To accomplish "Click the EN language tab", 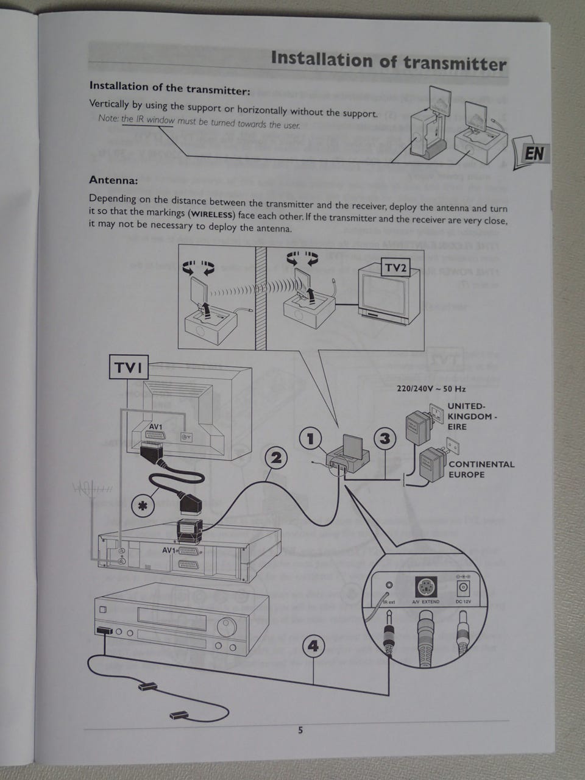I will click(534, 153).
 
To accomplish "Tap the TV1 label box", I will click(128, 367).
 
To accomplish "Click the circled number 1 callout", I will click(311, 438).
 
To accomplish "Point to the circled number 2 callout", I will click(276, 458).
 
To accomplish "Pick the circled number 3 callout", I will click(385, 438).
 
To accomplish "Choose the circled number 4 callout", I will click(313, 645).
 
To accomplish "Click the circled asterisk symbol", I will click(144, 505).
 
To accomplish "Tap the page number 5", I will click(300, 730).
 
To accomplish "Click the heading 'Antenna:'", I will click(113, 180).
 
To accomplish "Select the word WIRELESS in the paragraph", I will click(211, 214).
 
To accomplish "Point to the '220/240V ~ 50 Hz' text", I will click(431, 388).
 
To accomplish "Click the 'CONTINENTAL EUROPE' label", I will click(481, 469).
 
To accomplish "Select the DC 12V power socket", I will click(464, 589).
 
